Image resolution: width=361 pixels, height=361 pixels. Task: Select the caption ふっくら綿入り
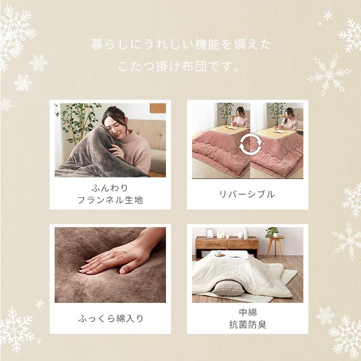tap(110, 318)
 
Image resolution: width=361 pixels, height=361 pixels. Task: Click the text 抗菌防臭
tap(248, 324)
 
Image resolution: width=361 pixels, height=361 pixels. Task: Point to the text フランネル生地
tap(110, 200)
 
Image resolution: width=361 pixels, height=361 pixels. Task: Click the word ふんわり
tap(110, 188)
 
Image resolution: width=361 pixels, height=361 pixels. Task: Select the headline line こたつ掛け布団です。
tap(180, 66)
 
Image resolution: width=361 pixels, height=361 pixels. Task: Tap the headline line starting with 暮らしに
tap(180, 45)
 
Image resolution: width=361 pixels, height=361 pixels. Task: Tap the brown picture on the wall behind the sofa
tap(157, 108)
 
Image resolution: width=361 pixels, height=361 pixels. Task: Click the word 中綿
tap(248, 312)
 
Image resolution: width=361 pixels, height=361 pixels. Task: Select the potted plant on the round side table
tap(272, 232)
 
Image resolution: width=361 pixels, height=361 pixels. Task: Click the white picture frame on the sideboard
tap(210, 233)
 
